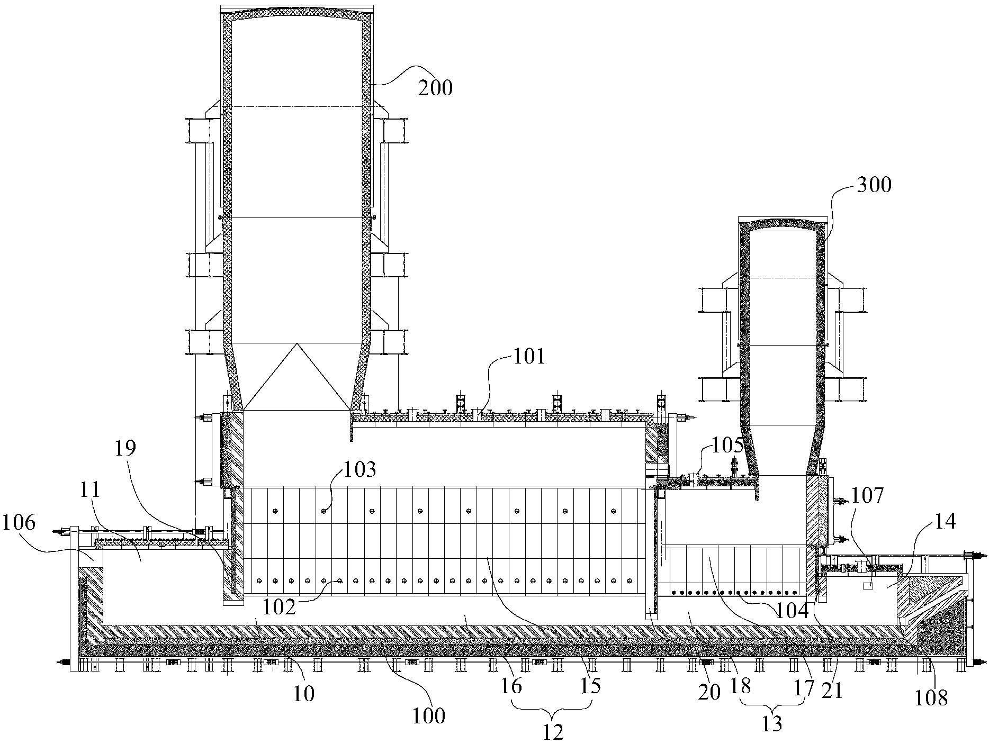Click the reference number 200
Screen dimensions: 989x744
coord(435,88)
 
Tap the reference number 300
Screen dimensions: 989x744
coord(873,185)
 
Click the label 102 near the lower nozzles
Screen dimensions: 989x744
coord(280,607)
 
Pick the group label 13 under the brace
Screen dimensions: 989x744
coord(772,723)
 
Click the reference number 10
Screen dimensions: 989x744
coord(304,693)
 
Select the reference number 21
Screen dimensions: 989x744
coord(832,690)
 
